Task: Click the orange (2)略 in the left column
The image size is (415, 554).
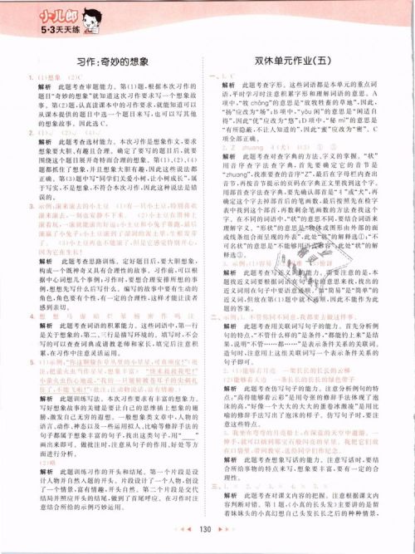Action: coord(34,463)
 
